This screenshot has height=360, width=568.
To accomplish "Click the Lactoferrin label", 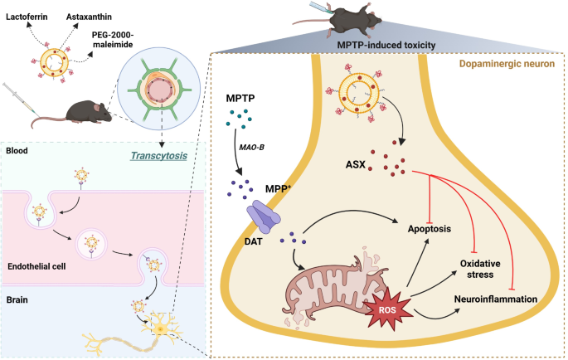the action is coord(27,17).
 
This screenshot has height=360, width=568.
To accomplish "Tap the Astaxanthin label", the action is coord(89,17).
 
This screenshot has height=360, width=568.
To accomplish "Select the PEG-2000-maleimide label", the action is coord(112,40).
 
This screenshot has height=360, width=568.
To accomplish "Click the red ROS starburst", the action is coord(387,310).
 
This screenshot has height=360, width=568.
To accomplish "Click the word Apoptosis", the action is coord(430,229).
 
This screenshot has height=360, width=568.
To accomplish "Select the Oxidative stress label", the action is coord(480,269).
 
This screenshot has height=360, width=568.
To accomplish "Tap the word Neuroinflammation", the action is coord(496,299).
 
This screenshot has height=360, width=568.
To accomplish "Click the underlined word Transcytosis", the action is coord(158,156).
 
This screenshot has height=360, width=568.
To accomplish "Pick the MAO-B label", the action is coord(251,148).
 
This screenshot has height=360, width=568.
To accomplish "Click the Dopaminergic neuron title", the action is coord(507,64).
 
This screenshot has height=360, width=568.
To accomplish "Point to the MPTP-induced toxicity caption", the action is coord(386,46).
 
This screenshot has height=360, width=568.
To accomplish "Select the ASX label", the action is coord(356,164).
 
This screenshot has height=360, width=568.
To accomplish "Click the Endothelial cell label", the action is coord(36,266).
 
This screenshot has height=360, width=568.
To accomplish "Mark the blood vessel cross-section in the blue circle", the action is coord(159,90).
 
